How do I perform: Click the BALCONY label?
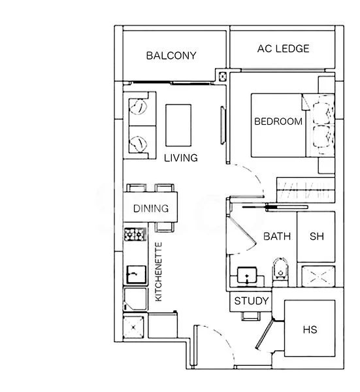pyautogui.click(x=171, y=56)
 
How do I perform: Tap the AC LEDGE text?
pyautogui.click(x=283, y=48)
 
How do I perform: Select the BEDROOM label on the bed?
pyautogui.click(x=278, y=122)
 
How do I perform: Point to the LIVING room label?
pyautogui.click(x=181, y=158)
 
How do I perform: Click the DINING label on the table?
pyautogui.click(x=151, y=209)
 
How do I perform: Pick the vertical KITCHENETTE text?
pyautogui.click(x=158, y=272)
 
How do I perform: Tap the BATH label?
pyautogui.click(x=277, y=236)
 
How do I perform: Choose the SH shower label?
pyautogui.click(x=316, y=237)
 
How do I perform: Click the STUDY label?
pyautogui.click(x=252, y=301)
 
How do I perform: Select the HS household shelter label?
pyautogui.click(x=310, y=330)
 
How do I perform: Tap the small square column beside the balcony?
pyautogui.click(x=224, y=77)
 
